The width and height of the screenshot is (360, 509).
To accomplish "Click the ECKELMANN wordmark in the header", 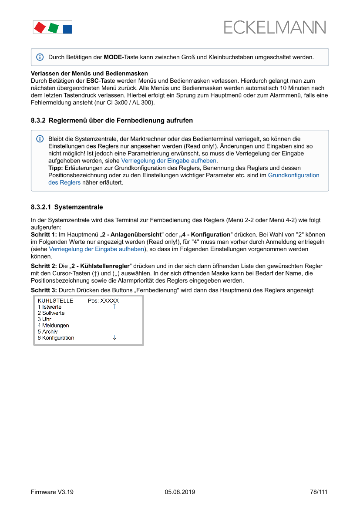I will click(x=275, y=27).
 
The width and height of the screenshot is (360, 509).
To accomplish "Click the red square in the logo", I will click(x=39, y=28).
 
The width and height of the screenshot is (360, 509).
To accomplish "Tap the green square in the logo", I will click(x=53, y=28).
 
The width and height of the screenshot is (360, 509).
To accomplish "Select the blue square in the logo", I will click(x=67, y=29).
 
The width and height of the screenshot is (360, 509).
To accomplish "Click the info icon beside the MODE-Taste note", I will click(x=40, y=57).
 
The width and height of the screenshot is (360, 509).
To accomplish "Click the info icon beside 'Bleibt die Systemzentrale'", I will click(x=40, y=139).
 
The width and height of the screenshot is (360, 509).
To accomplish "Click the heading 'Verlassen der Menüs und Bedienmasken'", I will click(x=89, y=74).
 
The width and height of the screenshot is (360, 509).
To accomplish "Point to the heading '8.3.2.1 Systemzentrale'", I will click(x=67, y=207).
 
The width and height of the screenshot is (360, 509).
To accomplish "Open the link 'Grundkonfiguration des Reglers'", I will click(x=293, y=175).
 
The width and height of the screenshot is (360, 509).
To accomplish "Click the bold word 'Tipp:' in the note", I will click(x=55, y=168).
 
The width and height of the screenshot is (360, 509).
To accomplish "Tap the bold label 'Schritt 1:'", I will click(x=44, y=235).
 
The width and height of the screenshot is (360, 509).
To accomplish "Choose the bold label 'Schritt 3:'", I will click(x=44, y=290).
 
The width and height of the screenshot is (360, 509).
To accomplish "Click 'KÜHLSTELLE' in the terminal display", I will click(x=55, y=300).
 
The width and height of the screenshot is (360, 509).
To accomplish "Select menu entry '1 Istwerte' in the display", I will click(x=49, y=307).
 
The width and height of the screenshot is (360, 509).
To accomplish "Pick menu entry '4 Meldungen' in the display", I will click(x=53, y=325).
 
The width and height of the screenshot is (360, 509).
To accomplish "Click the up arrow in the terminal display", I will click(x=114, y=307).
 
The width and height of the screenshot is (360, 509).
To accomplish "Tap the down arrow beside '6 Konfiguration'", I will click(x=114, y=337).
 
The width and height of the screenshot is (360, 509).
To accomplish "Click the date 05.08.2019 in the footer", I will click(x=180, y=492).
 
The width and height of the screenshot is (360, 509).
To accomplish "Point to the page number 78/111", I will click(x=318, y=492).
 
